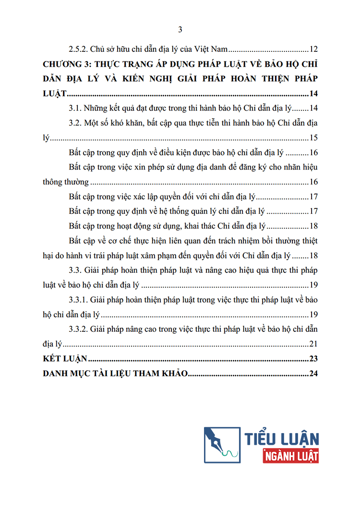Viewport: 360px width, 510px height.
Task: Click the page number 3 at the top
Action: click(180, 30)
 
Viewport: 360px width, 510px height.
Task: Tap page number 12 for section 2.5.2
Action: click(314, 49)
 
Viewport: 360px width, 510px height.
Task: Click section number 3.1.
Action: click(76, 108)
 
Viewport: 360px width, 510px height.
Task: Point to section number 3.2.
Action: click(76, 123)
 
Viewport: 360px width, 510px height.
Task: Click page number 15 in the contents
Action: click(314, 138)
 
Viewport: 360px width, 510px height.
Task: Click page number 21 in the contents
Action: click(314, 344)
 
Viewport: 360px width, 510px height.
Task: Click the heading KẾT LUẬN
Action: click(64, 359)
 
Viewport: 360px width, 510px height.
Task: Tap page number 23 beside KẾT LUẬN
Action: click(314, 359)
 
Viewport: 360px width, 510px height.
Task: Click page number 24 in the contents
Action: click(314, 374)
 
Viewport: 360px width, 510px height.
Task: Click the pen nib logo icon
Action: click(222, 444)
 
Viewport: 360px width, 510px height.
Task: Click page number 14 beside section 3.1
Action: click(314, 108)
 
